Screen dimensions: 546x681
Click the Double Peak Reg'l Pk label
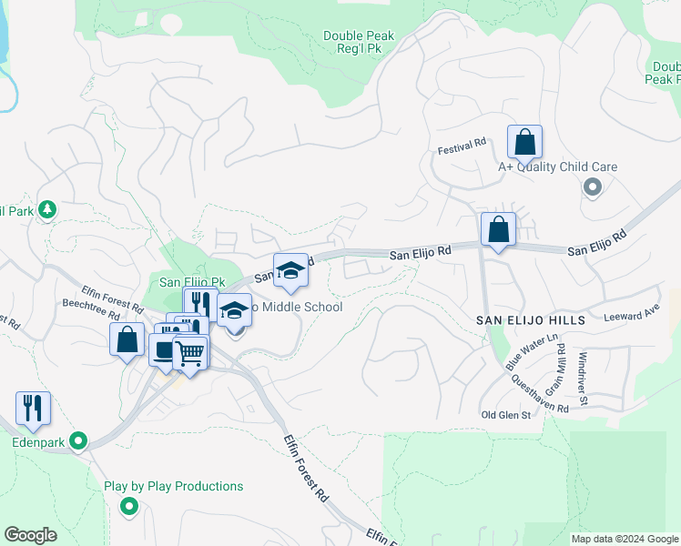click(x=359, y=43)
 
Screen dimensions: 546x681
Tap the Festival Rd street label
click(x=462, y=146)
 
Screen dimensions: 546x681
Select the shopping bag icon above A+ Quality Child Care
click(x=524, y=143)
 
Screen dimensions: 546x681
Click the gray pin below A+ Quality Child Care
click(x=593, y=187)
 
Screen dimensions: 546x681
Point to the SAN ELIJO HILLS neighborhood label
click(x=528, y=320)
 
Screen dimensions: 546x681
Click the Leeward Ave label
click(x=632, y=317)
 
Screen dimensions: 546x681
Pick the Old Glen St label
click(x=505, y=415)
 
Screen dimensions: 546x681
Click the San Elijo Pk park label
click(x=192, y=282)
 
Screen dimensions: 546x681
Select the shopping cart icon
click(x=190, y=353)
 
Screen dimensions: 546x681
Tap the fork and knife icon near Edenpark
click(x=33, y=409)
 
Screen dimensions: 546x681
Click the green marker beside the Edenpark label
click(x=78, y=443)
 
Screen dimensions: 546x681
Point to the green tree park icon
click(x=46, y=210)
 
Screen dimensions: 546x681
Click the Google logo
click(x=31, y=534)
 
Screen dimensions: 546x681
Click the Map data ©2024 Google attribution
click(x=625, y=539)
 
